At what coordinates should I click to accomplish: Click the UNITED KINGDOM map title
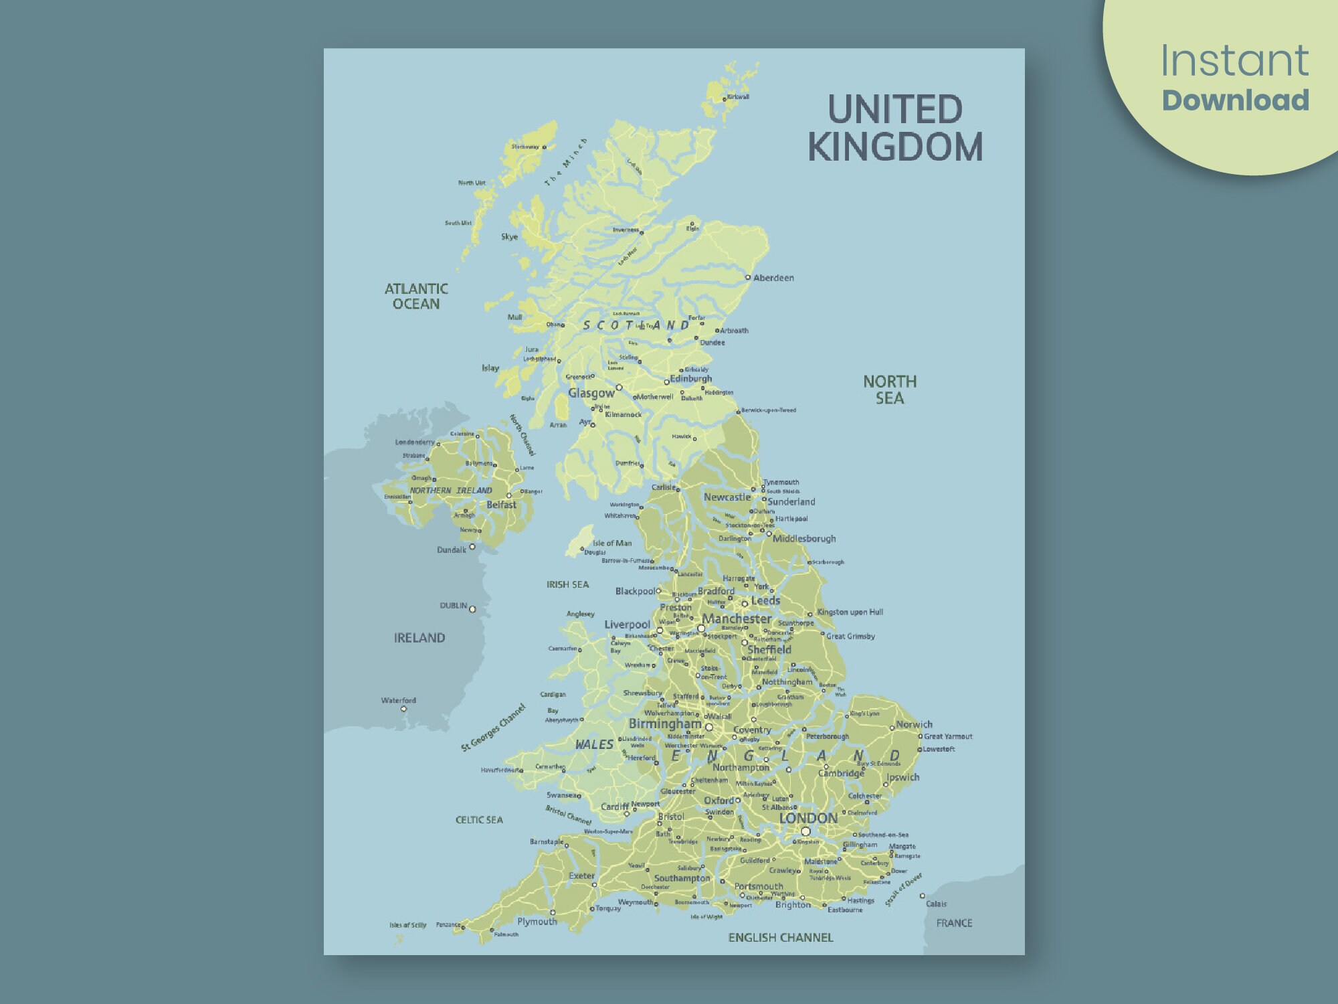point(895,128)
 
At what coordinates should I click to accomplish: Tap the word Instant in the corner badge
point(1234,61)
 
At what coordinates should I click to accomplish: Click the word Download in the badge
point(1235,100)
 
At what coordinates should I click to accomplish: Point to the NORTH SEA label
point(890,390)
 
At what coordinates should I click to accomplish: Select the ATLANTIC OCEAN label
point(416,296)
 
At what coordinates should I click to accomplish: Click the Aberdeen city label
point(773,278)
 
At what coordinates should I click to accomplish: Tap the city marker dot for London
point(805,831)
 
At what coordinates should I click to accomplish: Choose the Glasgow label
point(591,393)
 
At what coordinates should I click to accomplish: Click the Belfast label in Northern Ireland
point(501,505)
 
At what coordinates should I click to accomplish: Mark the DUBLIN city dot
point(472,609)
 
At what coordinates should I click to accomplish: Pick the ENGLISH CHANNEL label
point(781,938)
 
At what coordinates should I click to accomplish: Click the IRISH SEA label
point(567,584)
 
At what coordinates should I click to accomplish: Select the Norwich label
point(914,724)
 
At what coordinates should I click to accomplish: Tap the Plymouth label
point(537,922)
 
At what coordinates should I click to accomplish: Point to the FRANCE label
point(954,923)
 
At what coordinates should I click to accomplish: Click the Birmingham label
point(665,724)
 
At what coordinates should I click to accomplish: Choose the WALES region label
point(594,744)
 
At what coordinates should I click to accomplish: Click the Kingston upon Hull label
point(850,612)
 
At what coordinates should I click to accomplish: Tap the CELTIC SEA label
point(479,820)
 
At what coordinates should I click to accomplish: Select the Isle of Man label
point(611,543)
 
